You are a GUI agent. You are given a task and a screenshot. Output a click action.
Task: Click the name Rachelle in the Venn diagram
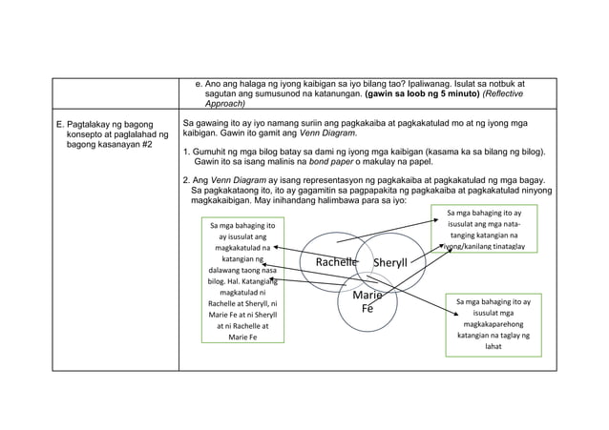tap(329, 262)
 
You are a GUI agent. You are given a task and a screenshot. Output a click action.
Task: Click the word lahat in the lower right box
tap(493, 346)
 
